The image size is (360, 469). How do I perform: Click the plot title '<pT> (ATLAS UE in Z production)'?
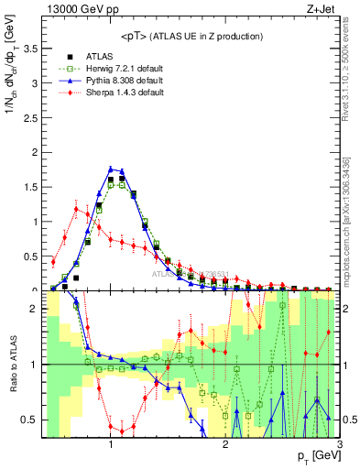(x=191, y=36)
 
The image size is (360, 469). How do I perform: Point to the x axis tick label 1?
(x=111, y=444)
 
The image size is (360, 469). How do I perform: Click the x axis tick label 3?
(x=340, y=444)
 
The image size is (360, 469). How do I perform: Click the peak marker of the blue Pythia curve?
(x=111, y=169)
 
